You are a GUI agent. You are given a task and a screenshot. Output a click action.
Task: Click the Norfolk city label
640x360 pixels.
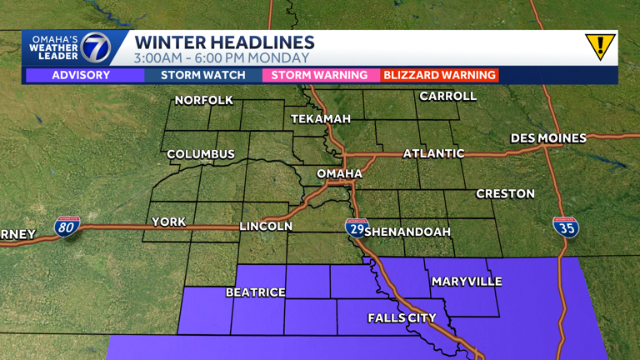tap(203, 101)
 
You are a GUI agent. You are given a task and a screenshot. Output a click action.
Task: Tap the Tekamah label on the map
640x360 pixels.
tap(321, 119)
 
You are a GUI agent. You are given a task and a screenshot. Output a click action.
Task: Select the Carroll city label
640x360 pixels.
tap(447, 97)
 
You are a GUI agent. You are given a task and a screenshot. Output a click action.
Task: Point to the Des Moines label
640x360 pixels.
tap(548, 137)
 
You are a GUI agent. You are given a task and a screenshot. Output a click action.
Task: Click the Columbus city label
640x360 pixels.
tap(201, 154)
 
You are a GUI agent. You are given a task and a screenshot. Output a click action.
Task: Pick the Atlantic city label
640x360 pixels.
tap(433, 153)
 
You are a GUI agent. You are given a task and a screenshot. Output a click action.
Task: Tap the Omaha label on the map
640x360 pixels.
tap(340, 173)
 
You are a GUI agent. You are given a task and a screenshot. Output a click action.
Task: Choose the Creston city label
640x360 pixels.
tap(505, 193)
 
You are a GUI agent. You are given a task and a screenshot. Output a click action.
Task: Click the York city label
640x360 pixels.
tap(168, 222)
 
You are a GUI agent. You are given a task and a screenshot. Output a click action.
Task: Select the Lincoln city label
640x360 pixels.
tap(266, 226)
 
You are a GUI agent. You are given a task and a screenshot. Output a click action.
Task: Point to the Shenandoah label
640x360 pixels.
tap(407, 231)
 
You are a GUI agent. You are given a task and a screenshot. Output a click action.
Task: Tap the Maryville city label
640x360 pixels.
tap(467, 282)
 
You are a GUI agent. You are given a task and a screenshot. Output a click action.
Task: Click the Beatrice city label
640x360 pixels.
tap(256, 292)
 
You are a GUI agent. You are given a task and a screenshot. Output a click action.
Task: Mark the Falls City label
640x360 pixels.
tap(402, 317)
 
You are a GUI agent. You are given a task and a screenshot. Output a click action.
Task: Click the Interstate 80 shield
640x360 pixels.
tap(67, 226)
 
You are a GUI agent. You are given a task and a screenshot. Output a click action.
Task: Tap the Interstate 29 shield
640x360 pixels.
tap(356, 227)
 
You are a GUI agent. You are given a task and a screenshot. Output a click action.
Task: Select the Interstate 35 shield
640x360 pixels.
tap(566, 227)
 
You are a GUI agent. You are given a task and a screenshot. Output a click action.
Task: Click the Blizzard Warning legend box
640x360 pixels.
tap(439, 75)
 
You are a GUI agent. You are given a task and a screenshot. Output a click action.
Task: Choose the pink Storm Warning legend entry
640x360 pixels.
tap(315, 75)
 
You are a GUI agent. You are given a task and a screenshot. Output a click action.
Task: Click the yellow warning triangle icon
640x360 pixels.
tap(599, 46)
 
